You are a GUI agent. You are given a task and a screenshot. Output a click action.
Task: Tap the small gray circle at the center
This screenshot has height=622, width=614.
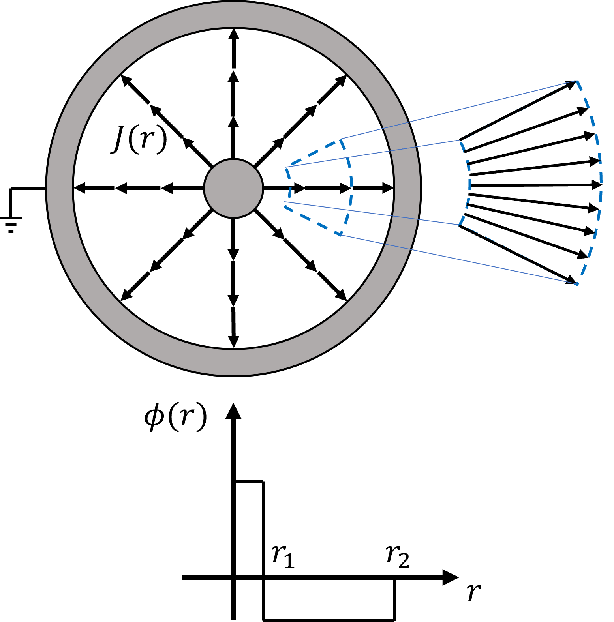pyautogui.click(x=233, y=188)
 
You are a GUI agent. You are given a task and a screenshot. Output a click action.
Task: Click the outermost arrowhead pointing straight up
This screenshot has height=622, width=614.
pyautogui.click(x=234, y=34)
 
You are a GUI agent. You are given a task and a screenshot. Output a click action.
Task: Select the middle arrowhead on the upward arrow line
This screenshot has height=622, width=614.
pyautogui.click(x=234, y=76)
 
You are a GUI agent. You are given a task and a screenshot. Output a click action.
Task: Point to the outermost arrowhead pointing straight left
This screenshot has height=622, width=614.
pyautogui.click(x=80, y=188)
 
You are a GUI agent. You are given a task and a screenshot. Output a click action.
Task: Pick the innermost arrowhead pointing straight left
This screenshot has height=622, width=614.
pyautogui.click(x=167, y=188)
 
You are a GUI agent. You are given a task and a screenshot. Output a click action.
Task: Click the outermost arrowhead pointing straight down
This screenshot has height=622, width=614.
pyautogui.click(x=234, y=342)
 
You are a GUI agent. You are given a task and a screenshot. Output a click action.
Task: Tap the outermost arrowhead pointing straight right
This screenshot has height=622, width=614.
pyautogui.click(x=387, y=188)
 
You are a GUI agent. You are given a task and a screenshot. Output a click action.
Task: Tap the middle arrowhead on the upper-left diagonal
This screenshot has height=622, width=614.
pyautogui.click(x=155, y=110)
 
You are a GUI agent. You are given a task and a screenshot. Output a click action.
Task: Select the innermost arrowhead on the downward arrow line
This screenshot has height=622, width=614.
pyautogui.click(x=234, y=255)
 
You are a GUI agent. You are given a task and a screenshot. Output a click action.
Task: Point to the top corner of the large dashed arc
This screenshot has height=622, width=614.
pyautogui.click(x=577, y=81)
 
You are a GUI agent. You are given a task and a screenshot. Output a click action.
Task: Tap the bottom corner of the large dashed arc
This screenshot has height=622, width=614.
pyautogui.click(x=578, y=284)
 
